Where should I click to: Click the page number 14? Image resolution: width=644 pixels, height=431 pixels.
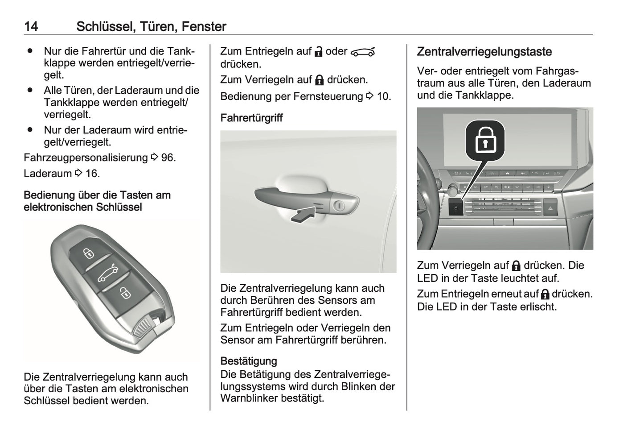click(x=31, y=26)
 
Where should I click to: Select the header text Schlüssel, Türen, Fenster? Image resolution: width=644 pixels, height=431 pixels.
click(x=151, y=26)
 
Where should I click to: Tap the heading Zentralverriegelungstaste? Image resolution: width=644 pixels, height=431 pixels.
click(x=484, y=52)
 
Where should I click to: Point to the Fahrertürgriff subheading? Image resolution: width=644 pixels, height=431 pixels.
click(x=251, y=118)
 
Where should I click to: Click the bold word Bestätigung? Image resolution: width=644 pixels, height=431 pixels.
click(x=249, y=361)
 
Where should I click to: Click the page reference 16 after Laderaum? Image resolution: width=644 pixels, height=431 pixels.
click(x=92, y=173)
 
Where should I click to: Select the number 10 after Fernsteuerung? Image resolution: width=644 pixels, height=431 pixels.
click(x=383, y=96)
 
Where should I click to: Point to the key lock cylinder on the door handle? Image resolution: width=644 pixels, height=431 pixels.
click(x=338, y=206)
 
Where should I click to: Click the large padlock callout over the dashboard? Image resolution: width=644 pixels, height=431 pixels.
click(x=485, y=140)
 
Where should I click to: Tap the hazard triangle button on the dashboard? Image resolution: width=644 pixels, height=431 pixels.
click(x=550, y=208)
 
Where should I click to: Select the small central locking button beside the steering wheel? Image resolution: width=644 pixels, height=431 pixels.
click(x=455, y=208)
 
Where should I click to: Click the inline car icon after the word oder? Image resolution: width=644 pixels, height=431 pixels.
click(x=363, y=52)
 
